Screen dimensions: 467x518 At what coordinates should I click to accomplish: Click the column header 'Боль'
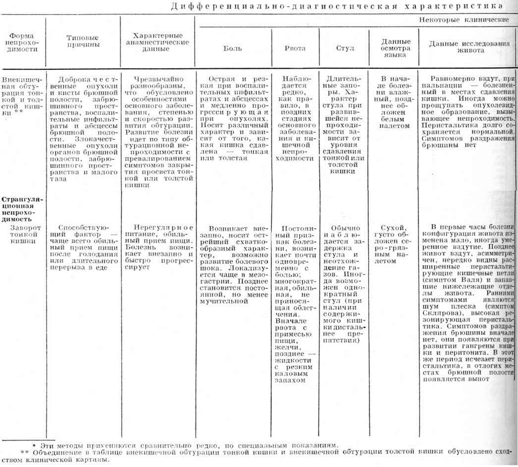pyautogui.click(x=233, y=48)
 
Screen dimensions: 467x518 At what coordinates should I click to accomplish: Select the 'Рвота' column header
pyautogui.click(x=295, y=48)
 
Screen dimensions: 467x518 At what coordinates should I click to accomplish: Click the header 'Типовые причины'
pyautogui.click(x=82, y=41)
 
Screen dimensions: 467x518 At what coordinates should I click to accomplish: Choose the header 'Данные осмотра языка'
pyautogui.click(x=393, y=48)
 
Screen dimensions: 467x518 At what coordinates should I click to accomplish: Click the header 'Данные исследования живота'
pyautogui.click(x=468, y=48)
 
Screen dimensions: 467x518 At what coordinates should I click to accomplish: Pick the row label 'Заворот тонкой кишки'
pyautogui.click(x=23, y=234)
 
